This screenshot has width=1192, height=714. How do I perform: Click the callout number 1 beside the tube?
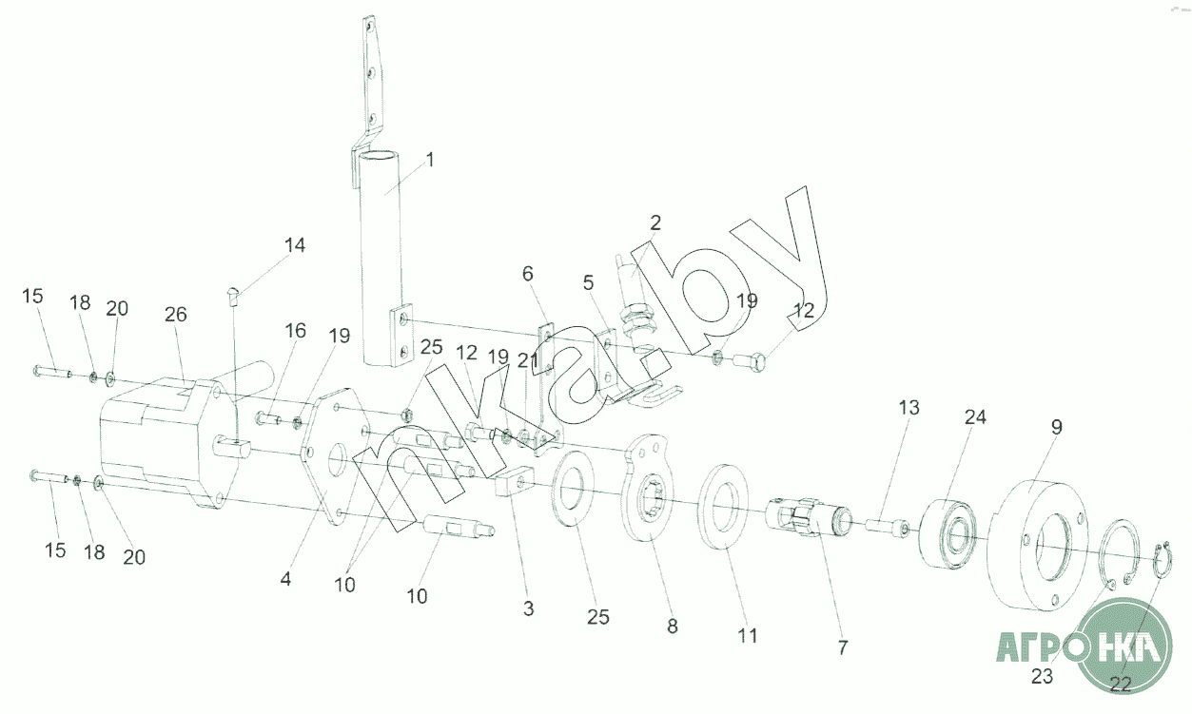(429, 160)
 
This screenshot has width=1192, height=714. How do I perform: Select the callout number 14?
(295, 245)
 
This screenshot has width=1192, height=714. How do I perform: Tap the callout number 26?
(177, 314)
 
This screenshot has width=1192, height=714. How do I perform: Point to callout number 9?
(1057, 428)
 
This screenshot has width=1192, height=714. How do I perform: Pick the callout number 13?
(909, 408)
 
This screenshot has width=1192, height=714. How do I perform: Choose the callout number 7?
(842, 647)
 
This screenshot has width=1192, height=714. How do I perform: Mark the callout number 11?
(748, 635)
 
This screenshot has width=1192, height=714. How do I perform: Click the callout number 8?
(673, 627)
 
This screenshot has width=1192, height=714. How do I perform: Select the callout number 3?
(529, 608)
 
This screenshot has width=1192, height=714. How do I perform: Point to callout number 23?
(1043, 677)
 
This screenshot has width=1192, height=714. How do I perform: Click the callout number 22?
(1121, 683)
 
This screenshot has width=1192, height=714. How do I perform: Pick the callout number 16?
(296, 331)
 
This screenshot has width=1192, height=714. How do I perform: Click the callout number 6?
(528, 274)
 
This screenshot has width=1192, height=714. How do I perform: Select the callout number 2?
(655, 223)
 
